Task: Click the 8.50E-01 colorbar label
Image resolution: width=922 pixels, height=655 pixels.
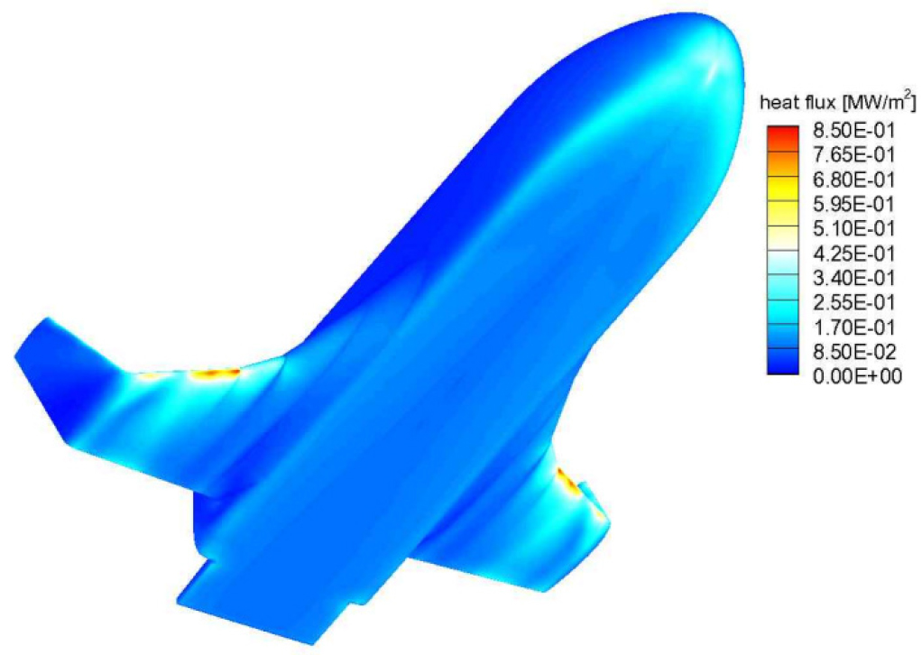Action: tap(853, 130)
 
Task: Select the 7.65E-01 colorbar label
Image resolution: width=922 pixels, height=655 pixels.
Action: tap(853, 154)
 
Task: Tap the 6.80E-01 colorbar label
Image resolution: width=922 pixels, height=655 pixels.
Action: tap(853, 180)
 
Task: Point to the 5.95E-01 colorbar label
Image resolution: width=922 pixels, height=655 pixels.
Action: tap(853, 204)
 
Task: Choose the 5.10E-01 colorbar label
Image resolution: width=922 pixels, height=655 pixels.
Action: tap(853, 228)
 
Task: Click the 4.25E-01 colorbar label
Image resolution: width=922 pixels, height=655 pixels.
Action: tap(853, 253)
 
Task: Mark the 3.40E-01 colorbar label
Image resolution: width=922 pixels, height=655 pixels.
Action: tap(853, 278)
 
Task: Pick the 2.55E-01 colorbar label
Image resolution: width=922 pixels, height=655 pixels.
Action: tap(853, 302)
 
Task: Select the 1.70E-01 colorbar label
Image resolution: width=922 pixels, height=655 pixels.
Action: tap(853, 327)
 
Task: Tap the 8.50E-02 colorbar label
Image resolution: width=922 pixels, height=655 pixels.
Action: tap(853, 352)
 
